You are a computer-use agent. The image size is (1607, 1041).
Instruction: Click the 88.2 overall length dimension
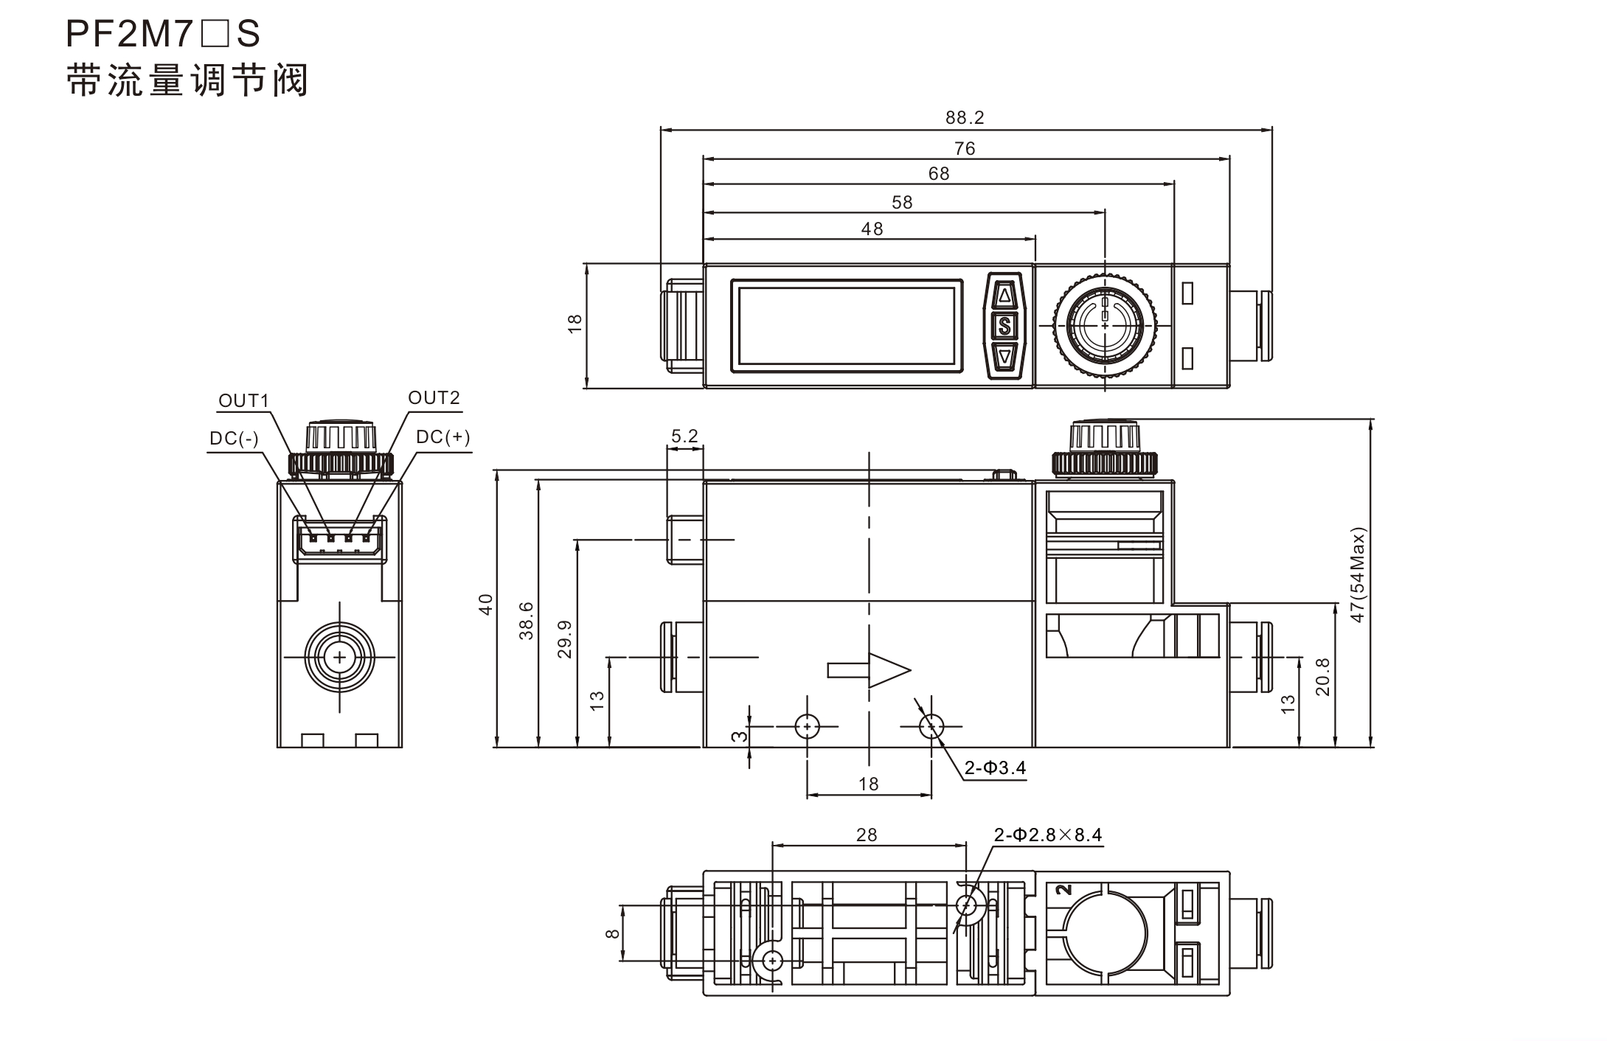tap(965, 117)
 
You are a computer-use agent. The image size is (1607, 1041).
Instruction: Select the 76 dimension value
tap(965, 149)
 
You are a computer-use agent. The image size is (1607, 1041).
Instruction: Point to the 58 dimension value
tap(902, 203)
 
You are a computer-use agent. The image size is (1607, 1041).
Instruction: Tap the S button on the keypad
tap(1004, 325)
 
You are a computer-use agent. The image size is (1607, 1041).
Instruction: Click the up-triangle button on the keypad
tap(1004, 296)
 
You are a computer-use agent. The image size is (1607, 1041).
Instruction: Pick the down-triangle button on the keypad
tap(1004, 356)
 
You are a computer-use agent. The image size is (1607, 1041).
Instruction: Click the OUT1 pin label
tap(244, 400)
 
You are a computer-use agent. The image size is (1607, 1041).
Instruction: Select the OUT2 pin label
tap(434, 398)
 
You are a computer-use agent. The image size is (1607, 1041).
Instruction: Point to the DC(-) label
tap(234, 439)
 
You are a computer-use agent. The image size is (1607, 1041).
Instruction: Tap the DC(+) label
tap(442, 436)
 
